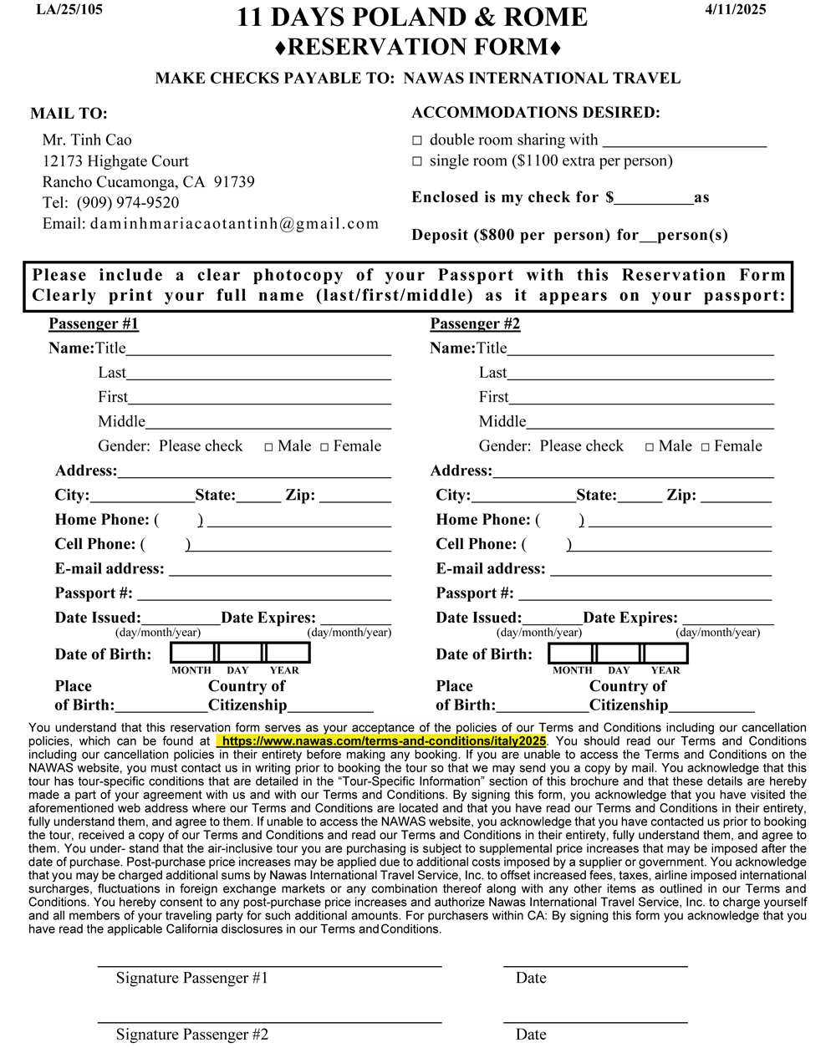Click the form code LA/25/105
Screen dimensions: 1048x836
[69, 10]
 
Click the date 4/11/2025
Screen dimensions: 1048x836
[735, 10]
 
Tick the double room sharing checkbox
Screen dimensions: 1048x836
[417, 140]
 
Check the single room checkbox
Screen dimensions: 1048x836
[417, 161]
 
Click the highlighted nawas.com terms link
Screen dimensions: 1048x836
[381, 741]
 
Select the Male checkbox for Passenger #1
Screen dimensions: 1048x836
[269, 447]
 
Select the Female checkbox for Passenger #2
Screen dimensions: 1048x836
[706, 447]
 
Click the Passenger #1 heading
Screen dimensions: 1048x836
[93, 323]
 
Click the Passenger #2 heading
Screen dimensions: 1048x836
[475, 323]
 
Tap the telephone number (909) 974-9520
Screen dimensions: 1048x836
[127, 202]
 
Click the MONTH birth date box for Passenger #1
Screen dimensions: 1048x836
[192, 653]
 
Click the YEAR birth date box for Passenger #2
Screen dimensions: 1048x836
[665, 653]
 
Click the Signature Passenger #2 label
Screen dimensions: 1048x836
[192, 1035]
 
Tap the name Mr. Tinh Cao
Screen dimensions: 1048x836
[87, 140]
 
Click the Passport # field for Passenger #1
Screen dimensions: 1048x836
[264, 593]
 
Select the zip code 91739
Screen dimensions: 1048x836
[234, 181]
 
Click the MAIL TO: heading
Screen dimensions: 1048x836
[69, 114]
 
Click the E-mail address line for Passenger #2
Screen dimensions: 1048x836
[660, 569]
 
